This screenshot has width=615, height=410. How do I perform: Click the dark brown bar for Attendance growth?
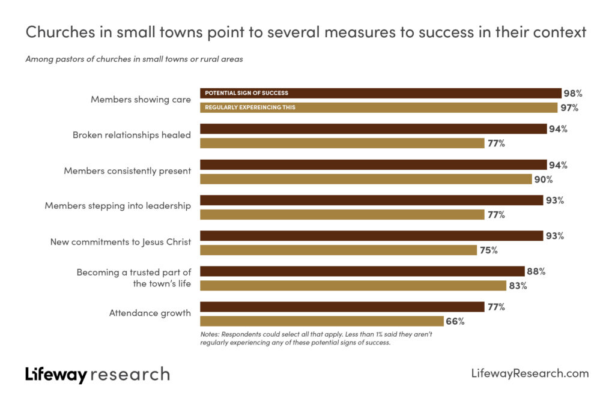point(342,307)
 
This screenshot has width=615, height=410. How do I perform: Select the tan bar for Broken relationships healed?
point(342,143)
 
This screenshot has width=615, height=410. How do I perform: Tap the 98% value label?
point(573,93)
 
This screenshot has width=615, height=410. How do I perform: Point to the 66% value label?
point(455,321)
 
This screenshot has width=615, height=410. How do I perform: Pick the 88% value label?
point(536,271)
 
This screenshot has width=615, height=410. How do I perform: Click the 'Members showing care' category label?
point(141,100)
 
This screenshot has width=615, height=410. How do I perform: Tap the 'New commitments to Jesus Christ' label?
point(120,242)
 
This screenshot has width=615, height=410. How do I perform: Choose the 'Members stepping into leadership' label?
point(118,206)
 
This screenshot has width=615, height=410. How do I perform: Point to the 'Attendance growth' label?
point(150,313)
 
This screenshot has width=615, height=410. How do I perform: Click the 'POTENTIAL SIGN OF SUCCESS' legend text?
point(246,93)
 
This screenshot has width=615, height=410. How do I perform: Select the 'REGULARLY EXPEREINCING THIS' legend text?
point(250,107)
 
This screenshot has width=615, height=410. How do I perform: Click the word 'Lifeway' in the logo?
point(56,374)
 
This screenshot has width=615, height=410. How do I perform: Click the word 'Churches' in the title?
point(55,32)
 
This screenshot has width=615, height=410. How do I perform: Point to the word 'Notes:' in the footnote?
point(210,334)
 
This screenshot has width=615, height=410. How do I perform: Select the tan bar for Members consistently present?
point(366,179)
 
